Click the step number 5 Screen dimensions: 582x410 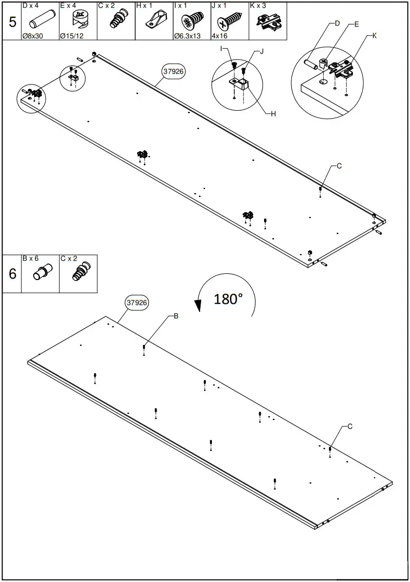(12, 21)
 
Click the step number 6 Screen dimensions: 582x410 (12, 274)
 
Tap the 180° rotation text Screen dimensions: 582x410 (228, 299)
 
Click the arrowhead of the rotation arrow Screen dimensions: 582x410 (198, 306)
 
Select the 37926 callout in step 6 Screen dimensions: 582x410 (137, 302)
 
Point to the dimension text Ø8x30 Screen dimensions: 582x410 (33, 36)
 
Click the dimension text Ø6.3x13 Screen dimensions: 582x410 (187, 36)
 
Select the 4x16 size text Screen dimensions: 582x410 (219, 36)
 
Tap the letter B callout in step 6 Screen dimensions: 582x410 (176, 316)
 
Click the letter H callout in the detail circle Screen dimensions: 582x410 (273, 114)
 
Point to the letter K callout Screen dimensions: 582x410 (374, 36)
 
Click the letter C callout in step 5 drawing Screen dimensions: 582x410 (339, 166)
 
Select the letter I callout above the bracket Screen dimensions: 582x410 (221, 49)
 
